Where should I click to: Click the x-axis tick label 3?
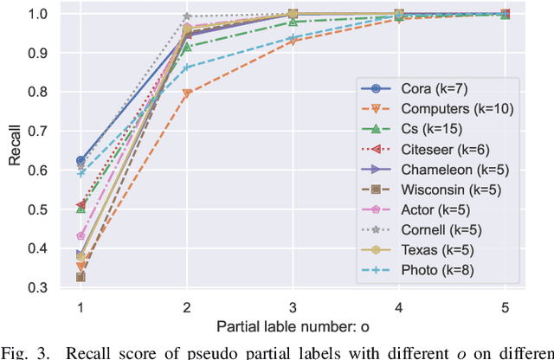point(293,307)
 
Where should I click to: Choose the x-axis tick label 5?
point(506,307)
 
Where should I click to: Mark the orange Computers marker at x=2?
point(187,93)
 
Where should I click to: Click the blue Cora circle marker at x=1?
point(81,161)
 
